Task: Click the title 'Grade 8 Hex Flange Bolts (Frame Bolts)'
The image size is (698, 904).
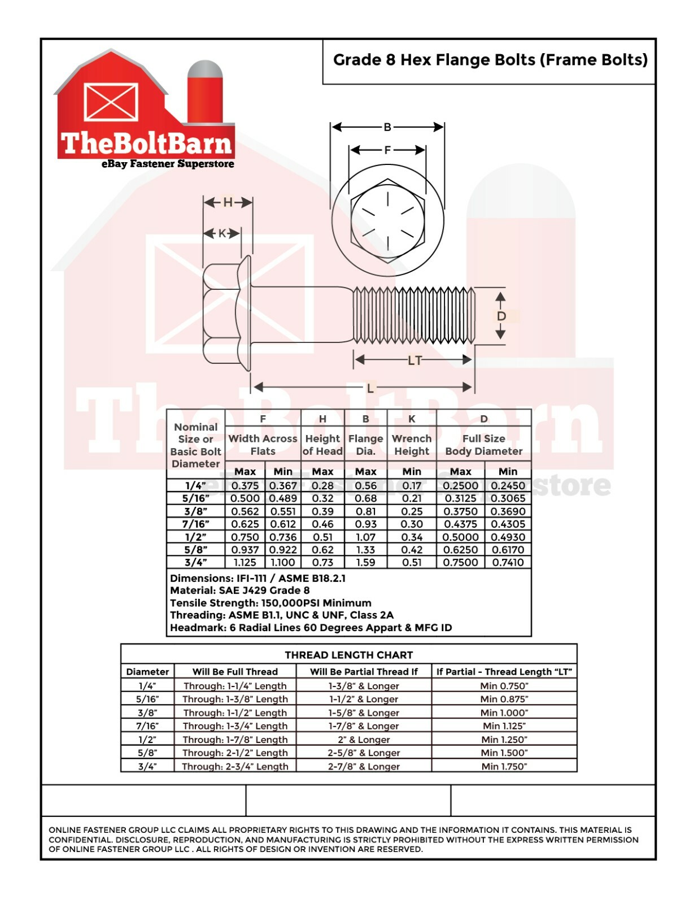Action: click(490, 60)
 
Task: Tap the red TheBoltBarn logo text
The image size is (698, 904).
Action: click(146, 143)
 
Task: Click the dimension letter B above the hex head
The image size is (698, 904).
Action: click(387, 127)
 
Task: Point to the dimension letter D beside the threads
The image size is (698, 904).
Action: click(501, 316)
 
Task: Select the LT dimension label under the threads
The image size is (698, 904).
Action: click(414, 360)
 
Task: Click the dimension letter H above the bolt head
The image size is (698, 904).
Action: click(228, 202)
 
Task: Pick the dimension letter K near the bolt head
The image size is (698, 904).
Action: click(222, 233)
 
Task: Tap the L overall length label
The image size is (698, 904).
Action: click(370, 388)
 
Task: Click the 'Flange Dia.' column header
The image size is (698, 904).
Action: click(365, 445)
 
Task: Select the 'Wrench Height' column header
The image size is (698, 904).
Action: click(412, 445)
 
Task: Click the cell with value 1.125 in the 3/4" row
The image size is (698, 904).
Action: click(245, 563)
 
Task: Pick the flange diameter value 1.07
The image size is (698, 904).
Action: click(365, 537)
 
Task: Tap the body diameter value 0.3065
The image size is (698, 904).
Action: click(508, 498)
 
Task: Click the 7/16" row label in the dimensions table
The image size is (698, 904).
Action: click(196, 524)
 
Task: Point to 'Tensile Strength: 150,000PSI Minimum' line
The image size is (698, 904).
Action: click(271, 603)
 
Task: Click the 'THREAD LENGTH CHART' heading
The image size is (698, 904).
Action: click(348, 655)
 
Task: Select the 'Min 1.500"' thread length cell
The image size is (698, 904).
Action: click(504, 753)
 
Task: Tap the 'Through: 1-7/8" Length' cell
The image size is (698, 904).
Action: click(235, 740)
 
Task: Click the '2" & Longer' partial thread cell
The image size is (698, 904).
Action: click(364, 740)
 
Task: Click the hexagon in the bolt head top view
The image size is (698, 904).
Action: click(387, 221)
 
